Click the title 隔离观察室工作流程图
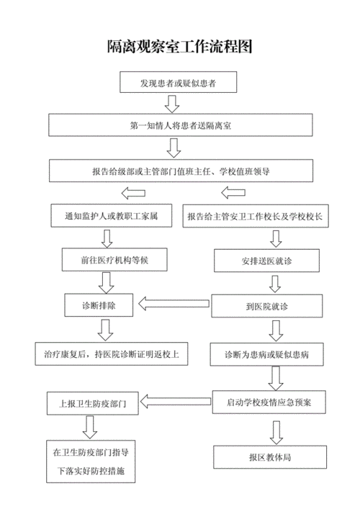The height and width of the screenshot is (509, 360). [x=179, y=48]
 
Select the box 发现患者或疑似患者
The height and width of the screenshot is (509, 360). [x=179, y=84]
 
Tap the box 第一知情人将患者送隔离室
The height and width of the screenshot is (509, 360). [x=179, y=125]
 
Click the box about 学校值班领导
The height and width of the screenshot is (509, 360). [x=179, y=171]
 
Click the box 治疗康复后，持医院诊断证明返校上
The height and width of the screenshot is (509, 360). [x=112, y=353]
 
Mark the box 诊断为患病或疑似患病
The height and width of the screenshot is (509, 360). [x=268, y=353]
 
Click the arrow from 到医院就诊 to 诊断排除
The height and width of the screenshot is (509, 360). [x=172, y=305]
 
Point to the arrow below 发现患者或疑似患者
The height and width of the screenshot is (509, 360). [x=172, y=104]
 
